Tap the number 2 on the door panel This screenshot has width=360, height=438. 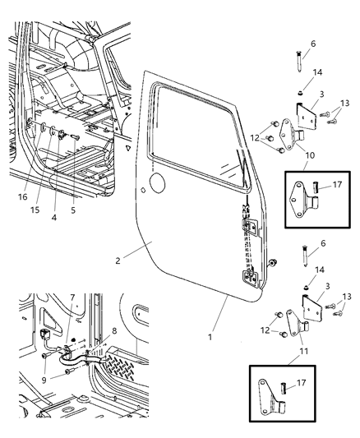118,261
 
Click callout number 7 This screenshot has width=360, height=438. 73,297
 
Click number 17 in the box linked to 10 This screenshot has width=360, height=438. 337,186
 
